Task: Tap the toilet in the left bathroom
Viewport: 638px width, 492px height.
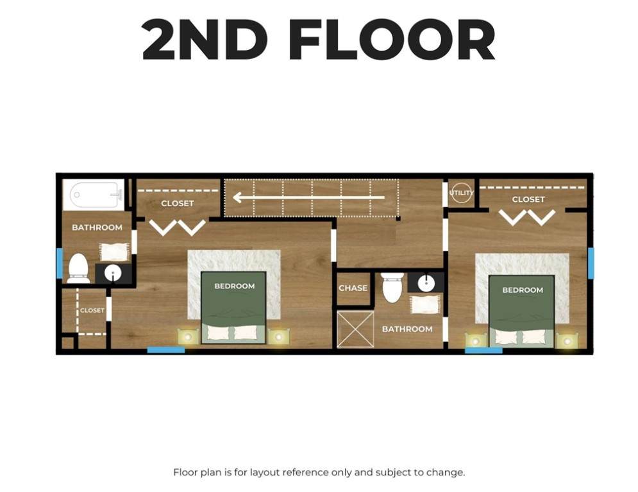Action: [78, 268]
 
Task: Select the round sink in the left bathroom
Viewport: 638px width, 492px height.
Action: [113, 274]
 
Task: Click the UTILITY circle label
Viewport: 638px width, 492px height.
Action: [462, 193]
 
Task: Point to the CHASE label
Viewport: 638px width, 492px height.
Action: [353, 288]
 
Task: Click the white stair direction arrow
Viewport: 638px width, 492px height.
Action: [308, 198]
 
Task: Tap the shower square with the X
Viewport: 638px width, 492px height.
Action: [355, 329]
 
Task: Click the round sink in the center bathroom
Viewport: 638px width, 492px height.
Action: [426, 282]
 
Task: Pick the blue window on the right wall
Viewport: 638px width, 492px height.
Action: [591, 263]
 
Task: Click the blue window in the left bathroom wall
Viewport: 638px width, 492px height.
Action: [60, 263]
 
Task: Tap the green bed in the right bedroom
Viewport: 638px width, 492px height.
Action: [522, 311]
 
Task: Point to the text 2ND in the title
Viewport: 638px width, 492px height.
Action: [205, 40]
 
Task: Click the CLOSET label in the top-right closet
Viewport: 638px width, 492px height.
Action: [528, 199]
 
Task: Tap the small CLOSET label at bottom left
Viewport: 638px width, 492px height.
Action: [92, 310]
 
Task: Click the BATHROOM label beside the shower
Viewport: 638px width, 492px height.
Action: [407, 329]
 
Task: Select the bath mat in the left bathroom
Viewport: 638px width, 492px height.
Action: [114, 252]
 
